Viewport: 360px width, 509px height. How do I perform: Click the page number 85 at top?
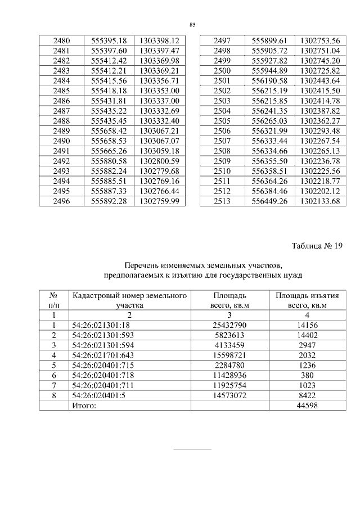click(x=192, y=25)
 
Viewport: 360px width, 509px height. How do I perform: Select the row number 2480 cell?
click(x=61, y=41)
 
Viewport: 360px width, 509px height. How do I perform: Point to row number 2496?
click(x=61, y=201)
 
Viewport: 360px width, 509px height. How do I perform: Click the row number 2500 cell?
click(x=222, y=71)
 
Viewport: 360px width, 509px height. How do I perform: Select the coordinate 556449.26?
click(x=269, y=201)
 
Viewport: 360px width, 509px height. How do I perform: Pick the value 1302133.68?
click(x=320, y=201)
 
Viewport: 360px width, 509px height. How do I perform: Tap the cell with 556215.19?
click(x=269, y=91)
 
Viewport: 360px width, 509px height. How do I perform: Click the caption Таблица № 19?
click(x=317, y=245)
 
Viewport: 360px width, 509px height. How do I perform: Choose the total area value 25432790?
click(x=230, y=325)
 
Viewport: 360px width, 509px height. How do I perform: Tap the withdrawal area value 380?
click(x=307, y=375)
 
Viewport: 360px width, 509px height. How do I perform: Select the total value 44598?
click(x=307, y=406)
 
